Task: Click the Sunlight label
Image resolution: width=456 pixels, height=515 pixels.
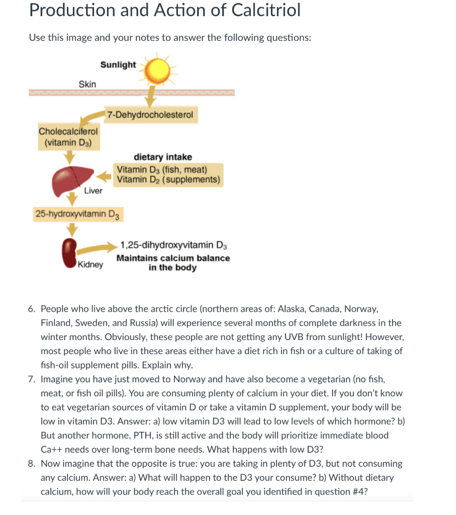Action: pyautogui.click(x=118, y=64)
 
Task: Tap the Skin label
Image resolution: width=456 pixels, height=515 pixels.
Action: pyautogui.click(x=87, y=84)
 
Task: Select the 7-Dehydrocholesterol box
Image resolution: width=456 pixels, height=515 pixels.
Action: pyautogui.click(x=150, y=115)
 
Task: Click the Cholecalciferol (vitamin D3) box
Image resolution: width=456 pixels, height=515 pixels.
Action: pyautogui.click(x=69, y=137)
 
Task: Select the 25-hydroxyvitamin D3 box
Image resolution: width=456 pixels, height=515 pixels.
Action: pyautogui.click(x=77, y=214)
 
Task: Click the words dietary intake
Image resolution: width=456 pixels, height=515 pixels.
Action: pyautogui.click(x=162, y=157)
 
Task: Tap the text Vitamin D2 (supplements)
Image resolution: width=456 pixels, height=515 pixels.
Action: pyautogui.click(x=168, y=180)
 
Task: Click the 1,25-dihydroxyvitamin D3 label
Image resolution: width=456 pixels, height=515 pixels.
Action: pyautogui.click(x=174, y=245)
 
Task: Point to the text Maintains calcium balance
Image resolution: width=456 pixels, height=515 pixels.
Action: pyautogui.click(x=173, y=258)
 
